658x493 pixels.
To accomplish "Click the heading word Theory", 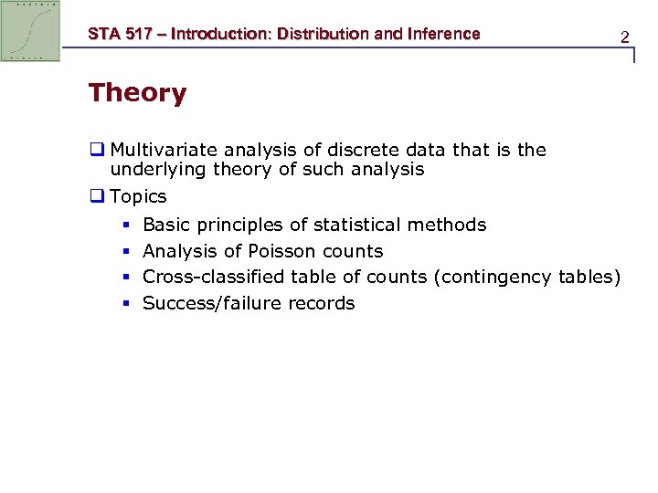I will point(137,93).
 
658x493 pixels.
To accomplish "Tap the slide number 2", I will point(624,37).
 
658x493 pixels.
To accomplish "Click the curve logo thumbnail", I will point(31,31).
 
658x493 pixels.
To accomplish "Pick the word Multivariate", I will point(164,150).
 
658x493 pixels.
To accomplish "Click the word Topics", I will point(138,196).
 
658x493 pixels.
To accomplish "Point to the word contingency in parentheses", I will point(497,277).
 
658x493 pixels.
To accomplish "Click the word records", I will point(321,303).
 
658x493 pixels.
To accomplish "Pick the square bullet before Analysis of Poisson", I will point(124,251).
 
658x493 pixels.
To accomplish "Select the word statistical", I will point(358,225).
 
